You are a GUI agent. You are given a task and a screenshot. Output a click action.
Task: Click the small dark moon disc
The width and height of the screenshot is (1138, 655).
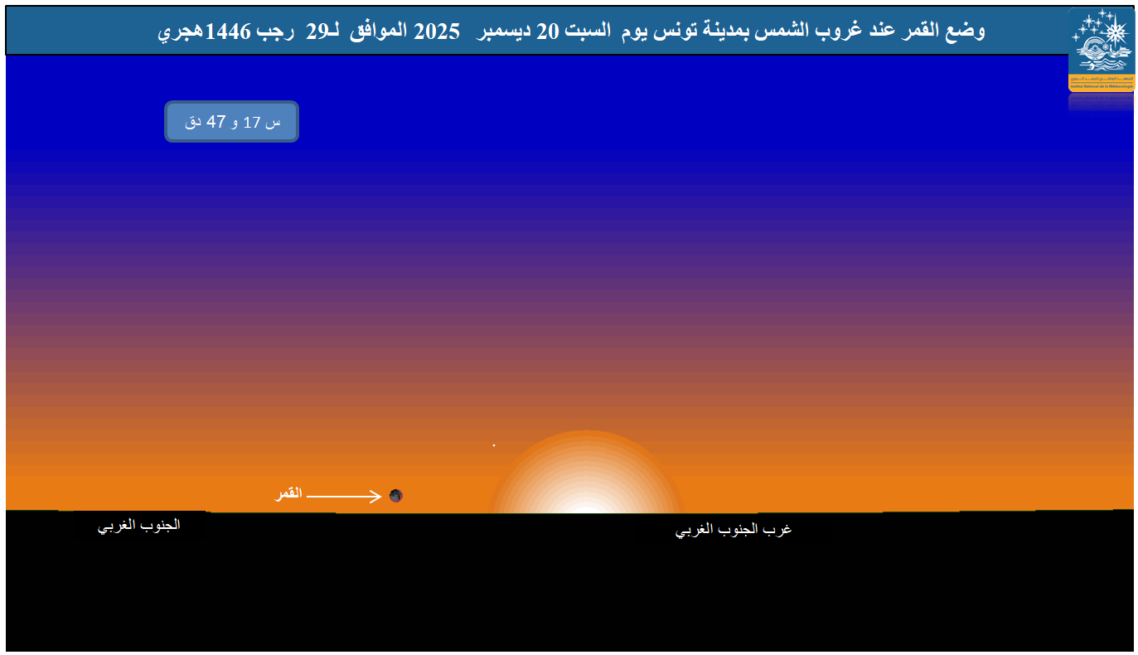(396, 496)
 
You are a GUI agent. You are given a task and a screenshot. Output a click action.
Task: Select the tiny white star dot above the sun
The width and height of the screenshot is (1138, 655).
(494, 445)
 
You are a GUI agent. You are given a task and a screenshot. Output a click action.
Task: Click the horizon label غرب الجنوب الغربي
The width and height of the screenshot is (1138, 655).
(734, 530)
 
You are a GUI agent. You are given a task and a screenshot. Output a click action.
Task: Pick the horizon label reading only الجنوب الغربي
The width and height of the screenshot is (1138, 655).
(139, 526)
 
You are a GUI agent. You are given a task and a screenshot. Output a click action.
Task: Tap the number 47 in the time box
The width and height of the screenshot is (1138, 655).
(216, 122)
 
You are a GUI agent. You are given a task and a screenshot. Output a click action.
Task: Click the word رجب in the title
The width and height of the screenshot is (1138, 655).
(274, 32)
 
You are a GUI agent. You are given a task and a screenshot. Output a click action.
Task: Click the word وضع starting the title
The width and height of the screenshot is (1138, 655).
(967, 32)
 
